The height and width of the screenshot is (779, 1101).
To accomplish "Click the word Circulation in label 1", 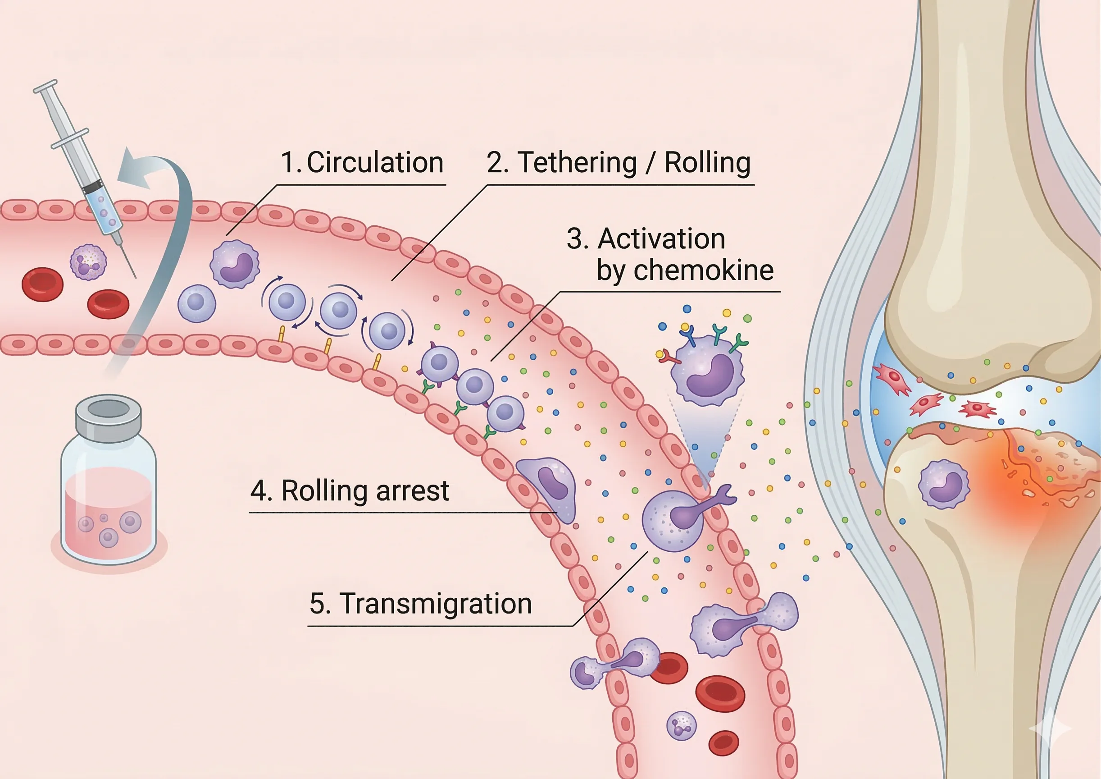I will click(x=374, y=162).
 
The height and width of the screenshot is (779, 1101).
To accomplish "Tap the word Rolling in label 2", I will click(x=707, y=162).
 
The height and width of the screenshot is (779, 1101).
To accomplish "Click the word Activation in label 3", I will click(x=661, y=238).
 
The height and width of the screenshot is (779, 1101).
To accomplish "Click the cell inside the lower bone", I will click(x=944, y=484).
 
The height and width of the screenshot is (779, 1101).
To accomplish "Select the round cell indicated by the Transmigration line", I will click(x=672, y=521).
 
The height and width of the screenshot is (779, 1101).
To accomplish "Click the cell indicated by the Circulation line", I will click(x=235, y=264).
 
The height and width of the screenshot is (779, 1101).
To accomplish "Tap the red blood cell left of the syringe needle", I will click(x=42, y=284).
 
